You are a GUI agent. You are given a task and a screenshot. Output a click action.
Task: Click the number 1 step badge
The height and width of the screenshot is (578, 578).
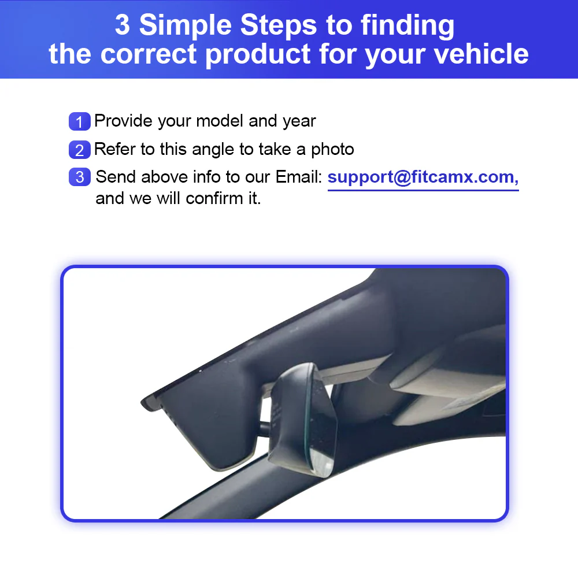click(79, 122)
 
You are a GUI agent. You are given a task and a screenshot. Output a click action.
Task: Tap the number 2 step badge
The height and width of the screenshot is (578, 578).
click(79, 150)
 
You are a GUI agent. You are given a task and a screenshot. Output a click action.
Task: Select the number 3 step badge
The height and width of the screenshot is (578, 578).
click(79, 177)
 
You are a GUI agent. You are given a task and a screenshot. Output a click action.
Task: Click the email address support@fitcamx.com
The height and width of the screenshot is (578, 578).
click(423, 177)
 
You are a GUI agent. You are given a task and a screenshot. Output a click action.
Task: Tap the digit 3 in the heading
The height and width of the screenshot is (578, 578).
click(122, 25)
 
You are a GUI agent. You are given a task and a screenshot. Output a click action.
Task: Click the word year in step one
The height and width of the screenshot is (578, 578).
click(299, 121)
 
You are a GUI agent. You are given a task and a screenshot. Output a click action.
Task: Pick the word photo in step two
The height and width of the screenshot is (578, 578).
click(332, 149)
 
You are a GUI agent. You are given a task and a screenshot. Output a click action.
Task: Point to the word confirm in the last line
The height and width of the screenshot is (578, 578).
click(213, 198)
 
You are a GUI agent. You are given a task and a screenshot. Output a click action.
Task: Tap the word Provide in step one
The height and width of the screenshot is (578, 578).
click(124, 121)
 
